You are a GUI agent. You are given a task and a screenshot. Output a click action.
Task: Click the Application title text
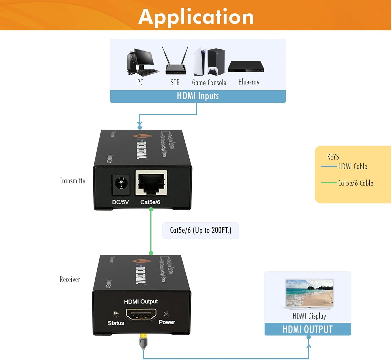(196, 17)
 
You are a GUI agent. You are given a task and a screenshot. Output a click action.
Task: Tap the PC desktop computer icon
(142, 62)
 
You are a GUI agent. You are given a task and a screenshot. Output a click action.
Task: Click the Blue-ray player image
(246, 67)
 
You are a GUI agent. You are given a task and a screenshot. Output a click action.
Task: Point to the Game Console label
(209, 83)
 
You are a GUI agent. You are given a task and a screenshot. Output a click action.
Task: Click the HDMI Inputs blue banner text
(198, 96)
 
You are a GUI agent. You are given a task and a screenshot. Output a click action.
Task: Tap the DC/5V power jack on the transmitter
(121, 184)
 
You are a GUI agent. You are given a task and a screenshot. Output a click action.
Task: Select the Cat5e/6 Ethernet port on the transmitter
(151, 183)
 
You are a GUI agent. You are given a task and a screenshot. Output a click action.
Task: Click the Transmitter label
(73, 181)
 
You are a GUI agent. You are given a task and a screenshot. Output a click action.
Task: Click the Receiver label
(70, 279)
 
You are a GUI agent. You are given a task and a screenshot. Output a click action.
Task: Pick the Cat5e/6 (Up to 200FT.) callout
(201, 230)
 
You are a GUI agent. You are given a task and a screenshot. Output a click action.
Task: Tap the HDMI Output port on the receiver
(141, 314)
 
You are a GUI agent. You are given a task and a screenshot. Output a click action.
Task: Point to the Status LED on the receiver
(116, 314)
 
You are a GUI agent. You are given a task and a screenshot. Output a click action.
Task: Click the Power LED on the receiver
(166, 314)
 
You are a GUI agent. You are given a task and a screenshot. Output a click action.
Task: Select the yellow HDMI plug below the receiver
(143, 341)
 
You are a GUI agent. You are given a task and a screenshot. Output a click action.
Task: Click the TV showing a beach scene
(310, 294)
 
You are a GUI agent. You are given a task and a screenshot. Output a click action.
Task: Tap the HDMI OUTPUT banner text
(307, 329)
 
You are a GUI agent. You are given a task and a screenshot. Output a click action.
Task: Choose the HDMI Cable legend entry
(352, 166)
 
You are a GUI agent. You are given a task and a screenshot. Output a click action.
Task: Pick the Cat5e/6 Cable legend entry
(355, 183)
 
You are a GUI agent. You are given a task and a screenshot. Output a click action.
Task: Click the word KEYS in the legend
(333, 157)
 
